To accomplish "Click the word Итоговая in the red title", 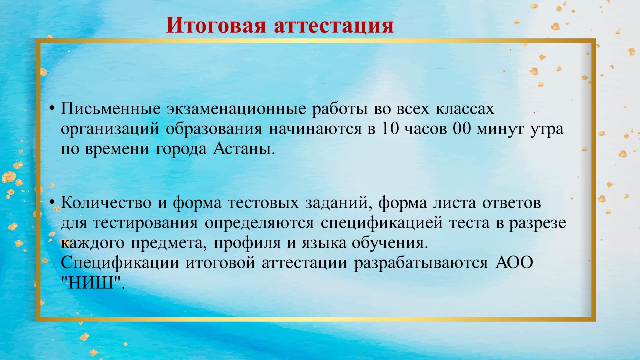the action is [216, 25].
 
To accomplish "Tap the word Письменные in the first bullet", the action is [111, 109].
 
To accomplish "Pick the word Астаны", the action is [243, 149].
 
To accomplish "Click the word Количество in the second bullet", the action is [106, 203].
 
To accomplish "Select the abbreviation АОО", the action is [514, 263].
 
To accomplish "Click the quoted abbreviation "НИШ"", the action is [93, 283].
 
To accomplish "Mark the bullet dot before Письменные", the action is [52, 109].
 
